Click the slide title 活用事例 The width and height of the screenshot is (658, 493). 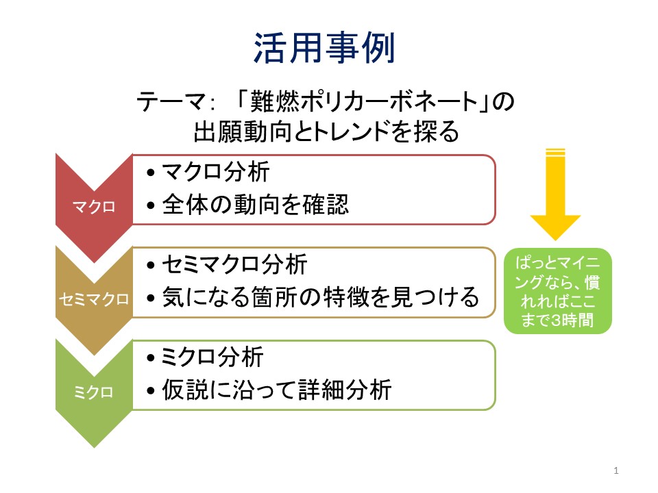324,48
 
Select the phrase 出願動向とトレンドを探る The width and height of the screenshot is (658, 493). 326,131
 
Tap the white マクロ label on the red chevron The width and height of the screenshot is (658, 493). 94,207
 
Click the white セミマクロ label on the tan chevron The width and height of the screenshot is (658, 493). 94,299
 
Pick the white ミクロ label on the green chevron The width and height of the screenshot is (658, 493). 94,392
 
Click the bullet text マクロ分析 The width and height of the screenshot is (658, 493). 216,172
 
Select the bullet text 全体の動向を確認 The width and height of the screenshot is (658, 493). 255,205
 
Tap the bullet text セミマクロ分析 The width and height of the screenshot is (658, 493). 235,264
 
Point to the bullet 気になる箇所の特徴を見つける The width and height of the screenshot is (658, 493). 321,297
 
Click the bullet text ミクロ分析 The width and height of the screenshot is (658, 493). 212,357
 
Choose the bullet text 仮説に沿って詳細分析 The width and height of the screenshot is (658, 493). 277,390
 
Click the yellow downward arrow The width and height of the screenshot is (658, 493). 555,194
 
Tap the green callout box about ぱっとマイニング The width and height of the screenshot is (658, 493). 558,291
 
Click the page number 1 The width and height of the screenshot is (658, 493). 616,470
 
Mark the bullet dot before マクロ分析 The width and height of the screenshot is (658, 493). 151,173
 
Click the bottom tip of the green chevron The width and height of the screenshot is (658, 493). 94,448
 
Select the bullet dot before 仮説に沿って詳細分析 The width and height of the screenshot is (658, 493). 151,391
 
